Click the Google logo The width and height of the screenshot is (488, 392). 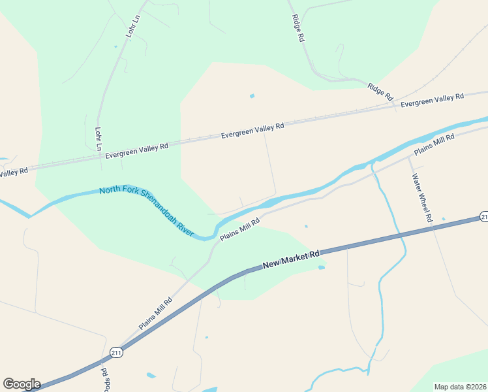click(x=22, y=384)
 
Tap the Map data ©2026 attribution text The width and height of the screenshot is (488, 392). click(x=459, y=387)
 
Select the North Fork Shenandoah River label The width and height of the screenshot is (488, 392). click(x=147, y=211)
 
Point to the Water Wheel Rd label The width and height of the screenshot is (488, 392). click(x=421, y=198)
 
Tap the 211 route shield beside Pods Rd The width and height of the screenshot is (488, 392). click(x=115, y=351)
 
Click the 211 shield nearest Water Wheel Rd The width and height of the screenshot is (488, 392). click(x=483, y=216)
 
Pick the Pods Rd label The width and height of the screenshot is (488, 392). click(x=104, y=379)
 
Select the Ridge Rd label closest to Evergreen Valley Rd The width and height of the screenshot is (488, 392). click(x=380, y=91)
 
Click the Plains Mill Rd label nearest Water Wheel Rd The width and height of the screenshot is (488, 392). click(x=434, y=144)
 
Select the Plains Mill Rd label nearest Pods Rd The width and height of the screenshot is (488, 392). click(x=155, y=312)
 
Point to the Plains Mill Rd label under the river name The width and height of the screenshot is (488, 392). click(x=240, y=229)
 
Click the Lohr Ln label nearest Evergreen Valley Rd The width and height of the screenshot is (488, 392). click(x=99, y=139)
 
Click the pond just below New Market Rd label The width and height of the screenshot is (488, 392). click(x=321, y=267)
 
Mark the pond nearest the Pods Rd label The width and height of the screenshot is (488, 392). click(x=151, y=376)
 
